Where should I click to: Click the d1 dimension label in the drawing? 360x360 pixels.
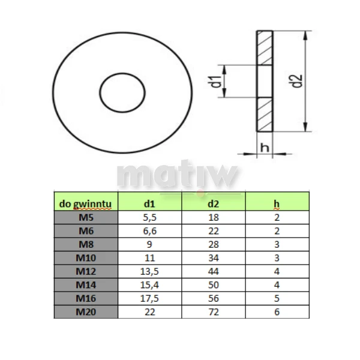[216, 81]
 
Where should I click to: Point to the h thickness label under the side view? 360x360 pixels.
[265, 147]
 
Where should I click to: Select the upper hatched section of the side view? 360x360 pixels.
[265, 48]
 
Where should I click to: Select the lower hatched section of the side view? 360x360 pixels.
[265, 115]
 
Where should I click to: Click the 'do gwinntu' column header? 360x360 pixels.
[85, 203]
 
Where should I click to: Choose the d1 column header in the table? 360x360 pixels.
[149, 203]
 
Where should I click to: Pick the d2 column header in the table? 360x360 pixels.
[213, 203]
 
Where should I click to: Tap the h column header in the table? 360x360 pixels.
[277, 203]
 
